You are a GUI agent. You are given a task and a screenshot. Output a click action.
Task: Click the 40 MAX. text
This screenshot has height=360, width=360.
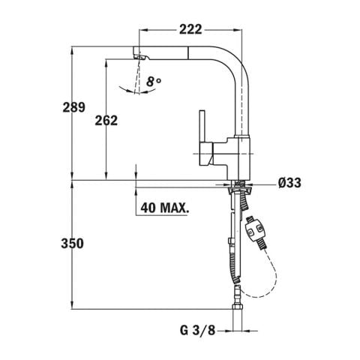163,205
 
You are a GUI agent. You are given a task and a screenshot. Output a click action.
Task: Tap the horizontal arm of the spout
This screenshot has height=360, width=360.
187,52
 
